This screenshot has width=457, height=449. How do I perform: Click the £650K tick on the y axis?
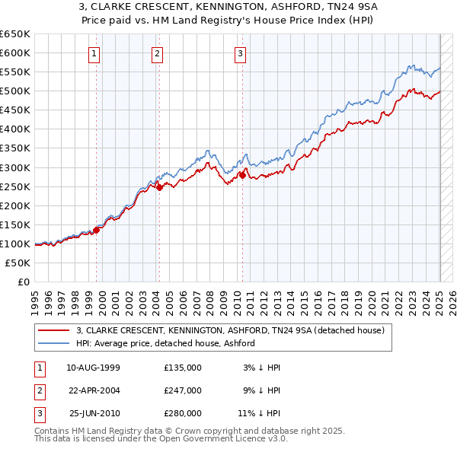14,34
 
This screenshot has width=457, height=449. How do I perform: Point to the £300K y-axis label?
14,167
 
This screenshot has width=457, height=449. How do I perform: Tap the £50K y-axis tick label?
18,263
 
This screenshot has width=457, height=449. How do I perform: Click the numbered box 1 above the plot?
94,53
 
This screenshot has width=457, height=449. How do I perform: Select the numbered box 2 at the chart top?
156,53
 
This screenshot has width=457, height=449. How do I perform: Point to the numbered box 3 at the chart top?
240,53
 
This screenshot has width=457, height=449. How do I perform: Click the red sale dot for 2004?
160,188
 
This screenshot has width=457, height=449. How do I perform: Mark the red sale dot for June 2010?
243,175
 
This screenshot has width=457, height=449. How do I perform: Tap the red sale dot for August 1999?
97,230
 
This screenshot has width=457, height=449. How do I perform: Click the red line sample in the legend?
55,330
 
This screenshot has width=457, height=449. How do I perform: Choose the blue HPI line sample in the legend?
55,343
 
